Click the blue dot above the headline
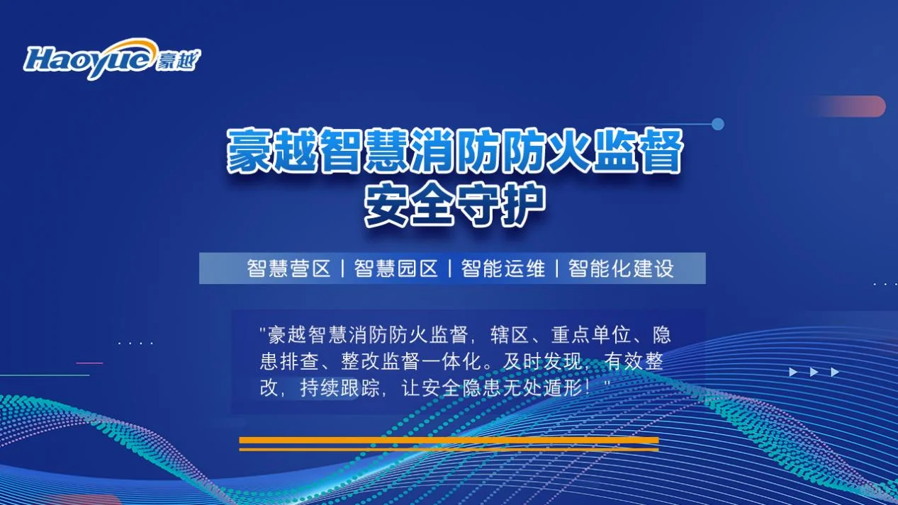point(717,124)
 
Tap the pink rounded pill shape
point(851,106)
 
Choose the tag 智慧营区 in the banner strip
point(288,269)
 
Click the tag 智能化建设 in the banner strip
point(621,269)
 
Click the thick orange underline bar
point(449,441)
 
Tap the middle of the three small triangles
point(814,372)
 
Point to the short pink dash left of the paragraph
point(89,363)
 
